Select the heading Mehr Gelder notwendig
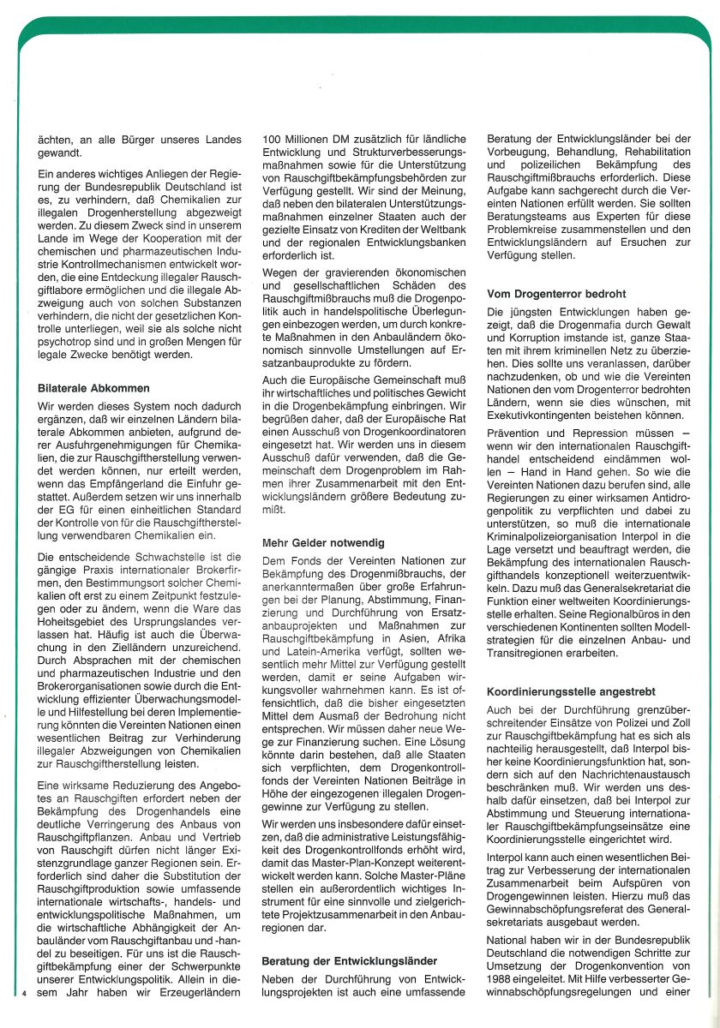323,542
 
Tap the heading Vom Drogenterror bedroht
556,294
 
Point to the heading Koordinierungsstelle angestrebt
572,690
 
